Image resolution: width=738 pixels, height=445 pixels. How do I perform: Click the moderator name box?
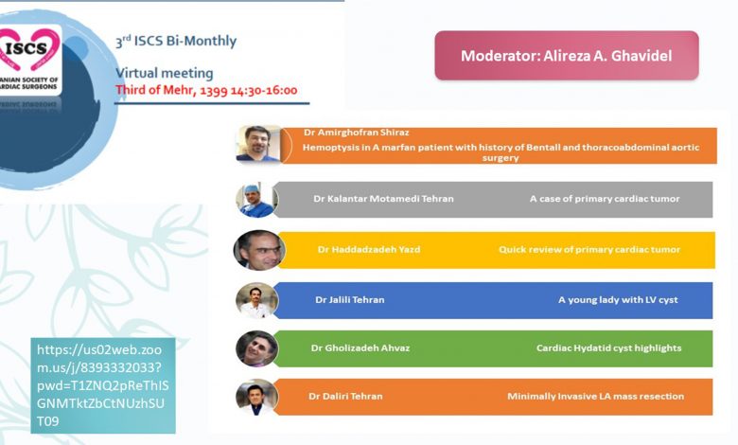pos(567,56)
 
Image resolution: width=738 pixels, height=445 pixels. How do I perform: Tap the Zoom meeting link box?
pos(103,385)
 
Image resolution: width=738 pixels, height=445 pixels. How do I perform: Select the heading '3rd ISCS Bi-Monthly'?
pos(176,41)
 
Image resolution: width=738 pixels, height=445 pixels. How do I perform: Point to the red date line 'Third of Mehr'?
pos(206,90)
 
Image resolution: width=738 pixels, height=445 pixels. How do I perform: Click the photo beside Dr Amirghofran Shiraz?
pos(258,144)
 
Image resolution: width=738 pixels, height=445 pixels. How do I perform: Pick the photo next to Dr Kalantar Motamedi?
pos(256,200)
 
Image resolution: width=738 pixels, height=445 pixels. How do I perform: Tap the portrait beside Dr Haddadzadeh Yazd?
pos(259,250)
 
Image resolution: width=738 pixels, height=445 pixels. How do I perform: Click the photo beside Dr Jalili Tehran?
pos(257,300)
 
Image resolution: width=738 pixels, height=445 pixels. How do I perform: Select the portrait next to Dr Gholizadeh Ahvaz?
pos(257,348)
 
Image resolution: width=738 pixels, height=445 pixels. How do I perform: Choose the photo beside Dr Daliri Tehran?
pos(257,397)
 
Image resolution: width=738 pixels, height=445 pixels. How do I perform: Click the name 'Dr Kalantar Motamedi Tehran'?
pos(383,199)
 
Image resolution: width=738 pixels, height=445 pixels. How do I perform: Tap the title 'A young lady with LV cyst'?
pos(618,299)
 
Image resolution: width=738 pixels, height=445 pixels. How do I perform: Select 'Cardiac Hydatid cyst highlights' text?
pos(609,348)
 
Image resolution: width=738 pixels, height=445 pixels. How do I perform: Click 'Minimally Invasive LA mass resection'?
pos(596,396)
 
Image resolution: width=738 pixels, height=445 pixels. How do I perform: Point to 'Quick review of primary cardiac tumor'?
pos(589,249)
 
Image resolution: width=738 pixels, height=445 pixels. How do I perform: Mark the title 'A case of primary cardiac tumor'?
pos(605,199)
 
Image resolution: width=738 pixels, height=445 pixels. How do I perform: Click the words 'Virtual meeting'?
pos(165,73)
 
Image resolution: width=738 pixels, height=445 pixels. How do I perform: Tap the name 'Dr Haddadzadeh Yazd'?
pos(369,249)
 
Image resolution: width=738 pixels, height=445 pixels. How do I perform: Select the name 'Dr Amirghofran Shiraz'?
pos(357,133)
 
